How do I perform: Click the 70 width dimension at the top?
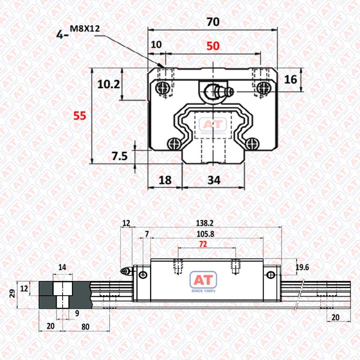(213, 22)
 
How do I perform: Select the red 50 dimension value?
(213, 46)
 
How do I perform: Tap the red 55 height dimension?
(80, 116)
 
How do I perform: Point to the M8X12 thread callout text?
(85, 29)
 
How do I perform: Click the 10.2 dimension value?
(108, 85)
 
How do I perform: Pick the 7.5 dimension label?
(120, 156)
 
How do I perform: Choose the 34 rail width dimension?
(214, 180)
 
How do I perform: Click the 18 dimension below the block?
(165, 180)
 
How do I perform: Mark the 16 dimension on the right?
(290, 80)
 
